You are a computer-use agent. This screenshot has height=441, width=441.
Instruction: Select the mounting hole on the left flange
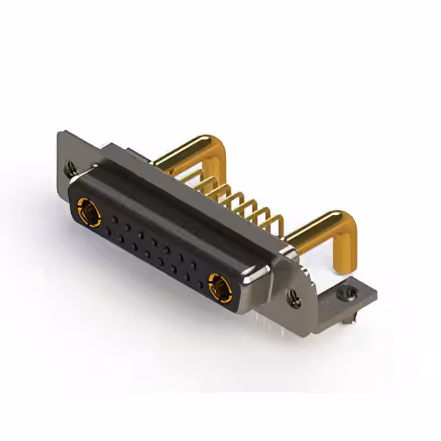click(70, 166)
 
